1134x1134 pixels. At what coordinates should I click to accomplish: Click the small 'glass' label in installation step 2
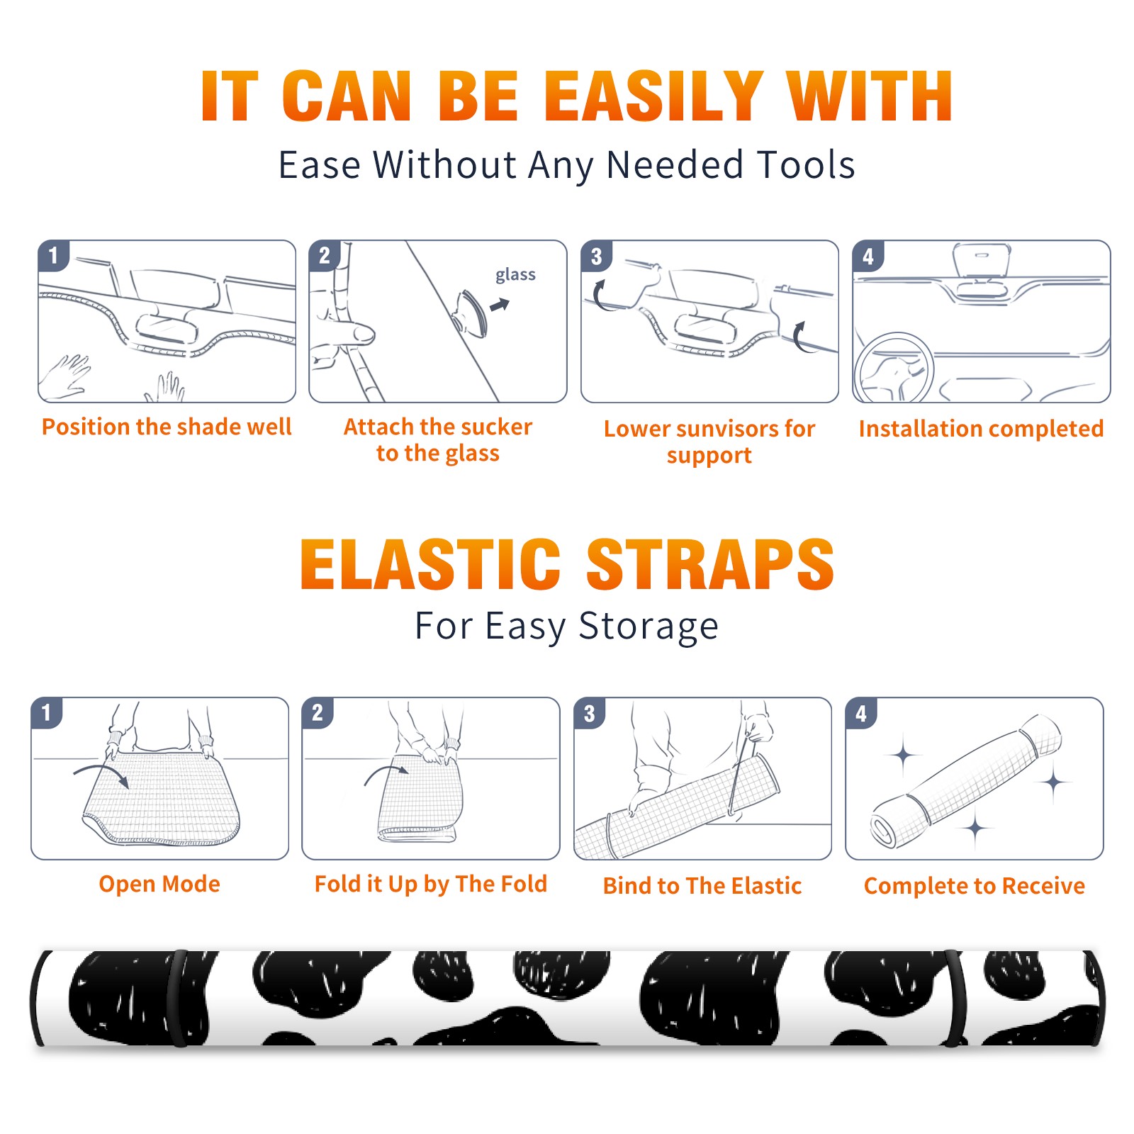coord(515,275)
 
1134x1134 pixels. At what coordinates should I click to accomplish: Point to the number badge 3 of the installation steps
coord(596,256)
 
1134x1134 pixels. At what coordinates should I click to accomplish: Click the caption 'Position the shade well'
coord(167,427)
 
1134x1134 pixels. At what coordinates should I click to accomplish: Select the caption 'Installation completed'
coord(981,428)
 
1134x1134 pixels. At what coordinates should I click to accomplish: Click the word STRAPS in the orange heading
coord(710,564)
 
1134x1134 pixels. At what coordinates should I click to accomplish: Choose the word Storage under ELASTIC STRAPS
coord(649,627)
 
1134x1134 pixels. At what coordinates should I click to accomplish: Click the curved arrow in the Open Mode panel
coord(101,774)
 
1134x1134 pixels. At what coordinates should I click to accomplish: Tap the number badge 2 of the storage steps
coord(318,712)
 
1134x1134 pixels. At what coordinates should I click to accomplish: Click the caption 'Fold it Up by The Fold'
coord(431,884)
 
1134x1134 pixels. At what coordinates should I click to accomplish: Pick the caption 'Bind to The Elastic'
coord(702,885)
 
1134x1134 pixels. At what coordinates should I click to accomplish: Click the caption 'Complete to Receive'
coord(975,885)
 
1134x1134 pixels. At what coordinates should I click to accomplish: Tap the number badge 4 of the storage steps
coord(861,712)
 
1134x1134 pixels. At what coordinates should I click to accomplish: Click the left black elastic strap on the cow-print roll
coord(178,998)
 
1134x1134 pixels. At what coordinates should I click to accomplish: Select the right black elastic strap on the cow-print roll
coord(955,998)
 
